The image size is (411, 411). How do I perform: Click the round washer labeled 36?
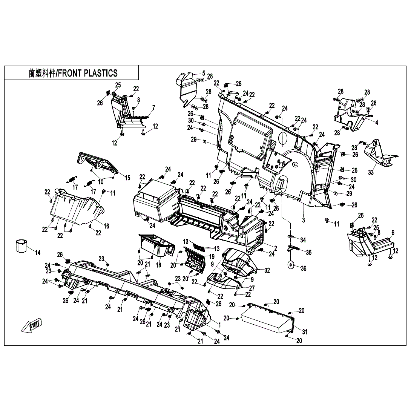tap(291, 265)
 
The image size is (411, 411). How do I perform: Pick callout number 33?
tap(371, 173)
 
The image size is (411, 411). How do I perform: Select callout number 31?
tap(305, 332)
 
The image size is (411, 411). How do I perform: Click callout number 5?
tap(203, 73)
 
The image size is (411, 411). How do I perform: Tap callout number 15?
tap(127, 178)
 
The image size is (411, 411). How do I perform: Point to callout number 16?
tap(106, 226)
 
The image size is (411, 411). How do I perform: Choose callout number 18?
tap(158, 265)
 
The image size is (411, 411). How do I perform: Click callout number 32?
tap(267, 270)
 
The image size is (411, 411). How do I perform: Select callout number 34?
tap(303, 240)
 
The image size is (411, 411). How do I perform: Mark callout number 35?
tap(308, 253)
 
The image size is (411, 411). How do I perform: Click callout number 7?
tap(153, 108)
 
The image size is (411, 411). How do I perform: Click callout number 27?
tap(252, 288)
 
